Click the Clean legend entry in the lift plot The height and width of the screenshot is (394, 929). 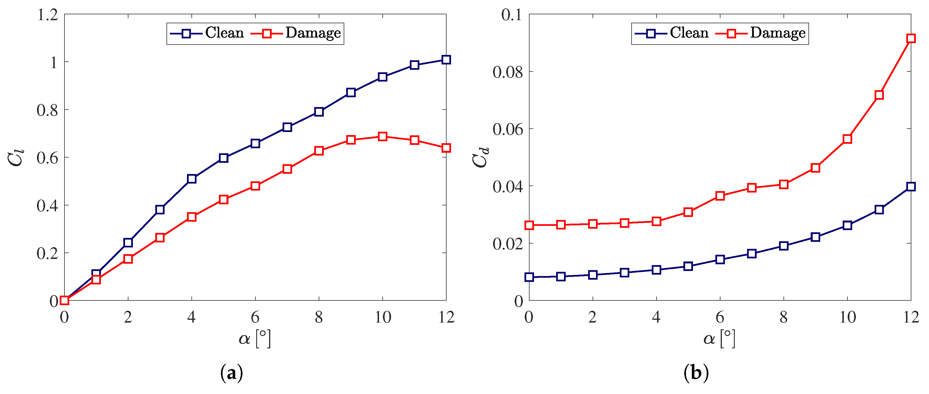point(207,33)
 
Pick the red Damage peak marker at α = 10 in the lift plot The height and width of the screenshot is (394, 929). point(383,137)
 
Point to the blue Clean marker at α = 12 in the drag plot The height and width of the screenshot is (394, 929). point(910,187)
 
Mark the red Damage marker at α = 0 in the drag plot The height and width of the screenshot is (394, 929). point(529,225)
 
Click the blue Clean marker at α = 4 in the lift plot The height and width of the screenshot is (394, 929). point(192,179)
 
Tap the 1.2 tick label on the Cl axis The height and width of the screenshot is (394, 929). point(48,15)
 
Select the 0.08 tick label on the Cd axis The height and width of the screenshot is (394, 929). point(507,72)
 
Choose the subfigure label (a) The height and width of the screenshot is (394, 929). point(232,373)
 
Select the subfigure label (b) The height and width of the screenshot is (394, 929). point(696,373)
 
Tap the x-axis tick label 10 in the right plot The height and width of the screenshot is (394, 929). point(847,317)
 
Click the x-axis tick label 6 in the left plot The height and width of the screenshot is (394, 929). point(255,317)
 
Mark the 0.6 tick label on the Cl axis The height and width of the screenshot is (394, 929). point(47,158)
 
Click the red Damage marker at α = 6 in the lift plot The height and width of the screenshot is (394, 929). point(255,186)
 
